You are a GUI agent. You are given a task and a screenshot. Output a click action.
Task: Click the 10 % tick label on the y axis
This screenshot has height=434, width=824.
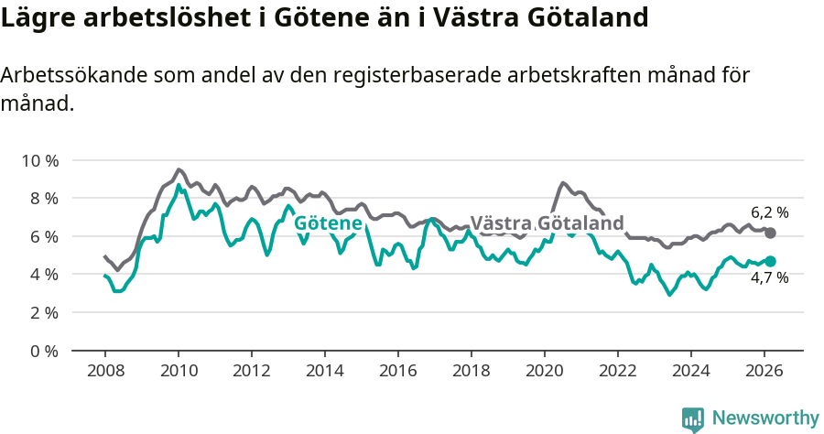pyautogui.click(x=39, y=160)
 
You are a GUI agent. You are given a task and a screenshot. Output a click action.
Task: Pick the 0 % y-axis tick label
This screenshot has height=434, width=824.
pyautogui.click(x=43, y=351)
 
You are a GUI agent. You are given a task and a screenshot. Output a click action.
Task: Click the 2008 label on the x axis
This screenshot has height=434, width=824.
pyautogui.click(x=105, y=370)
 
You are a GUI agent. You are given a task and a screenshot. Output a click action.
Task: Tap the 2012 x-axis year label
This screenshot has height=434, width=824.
pyautogui.click(x=252, y=370)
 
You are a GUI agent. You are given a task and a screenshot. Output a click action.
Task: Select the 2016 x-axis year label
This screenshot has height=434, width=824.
pyautogui.click(x=398, y=370)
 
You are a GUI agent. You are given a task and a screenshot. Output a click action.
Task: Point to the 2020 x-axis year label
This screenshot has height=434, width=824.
pyautogui.click(x=545, y=370)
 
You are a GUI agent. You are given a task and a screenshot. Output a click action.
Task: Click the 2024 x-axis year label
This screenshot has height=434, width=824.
pyautogui.click(x=691, y=370)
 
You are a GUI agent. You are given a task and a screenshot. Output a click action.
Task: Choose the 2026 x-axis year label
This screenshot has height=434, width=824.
pyautogui.click(x=764, y=370)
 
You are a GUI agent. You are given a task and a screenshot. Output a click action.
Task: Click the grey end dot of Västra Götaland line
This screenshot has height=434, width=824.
pyautogui.click(x=771, y=233)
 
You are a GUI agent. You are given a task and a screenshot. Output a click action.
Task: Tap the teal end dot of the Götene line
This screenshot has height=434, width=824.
pyautogui.click(x=771, y=262)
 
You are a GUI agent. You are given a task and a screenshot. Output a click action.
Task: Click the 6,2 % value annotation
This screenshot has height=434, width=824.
pyautogui.click(x=769, y=212)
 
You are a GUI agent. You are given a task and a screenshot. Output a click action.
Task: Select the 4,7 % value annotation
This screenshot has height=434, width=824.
pyautogui.click(x=769, y=278)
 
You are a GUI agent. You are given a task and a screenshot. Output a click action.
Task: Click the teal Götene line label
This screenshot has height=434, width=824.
pyautogui.click(x=328, y=223)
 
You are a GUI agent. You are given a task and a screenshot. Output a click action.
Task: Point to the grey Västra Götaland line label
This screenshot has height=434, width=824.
pyautogui.click(x=547, y=223)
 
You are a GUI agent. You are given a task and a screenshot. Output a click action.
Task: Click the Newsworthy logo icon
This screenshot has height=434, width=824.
pyautogui.click(x=693, y=418)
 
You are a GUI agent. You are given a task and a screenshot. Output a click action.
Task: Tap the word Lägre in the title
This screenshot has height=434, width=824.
pyautogui.click(x=36, y=17)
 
